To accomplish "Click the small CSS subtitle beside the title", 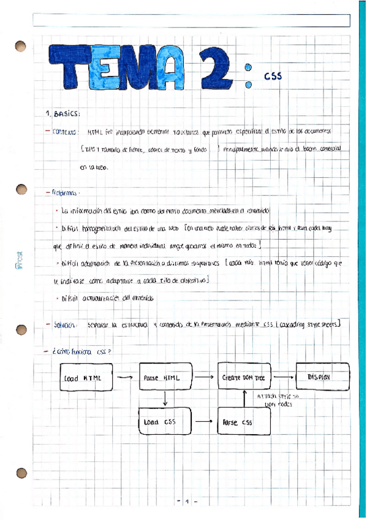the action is click(x=273, y=77).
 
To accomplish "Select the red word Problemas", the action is click(x=64, y=192).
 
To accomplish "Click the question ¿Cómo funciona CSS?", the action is click(x=80, y=353).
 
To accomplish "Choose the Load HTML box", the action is click(x=83, y=378).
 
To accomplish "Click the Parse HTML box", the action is click(x=162, y=378).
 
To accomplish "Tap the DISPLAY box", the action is click(x=322, y=377).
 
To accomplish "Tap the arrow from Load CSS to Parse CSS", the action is click(x=203, y=422).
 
